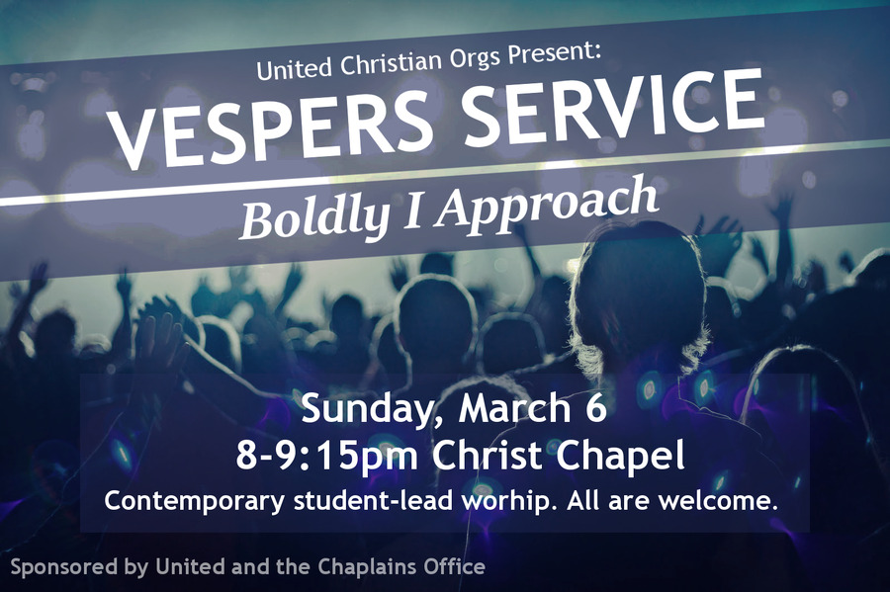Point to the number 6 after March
pos(596,408)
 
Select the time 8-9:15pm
pos(327,456)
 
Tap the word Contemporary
pos(194,501)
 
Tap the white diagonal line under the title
pos(445,172)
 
